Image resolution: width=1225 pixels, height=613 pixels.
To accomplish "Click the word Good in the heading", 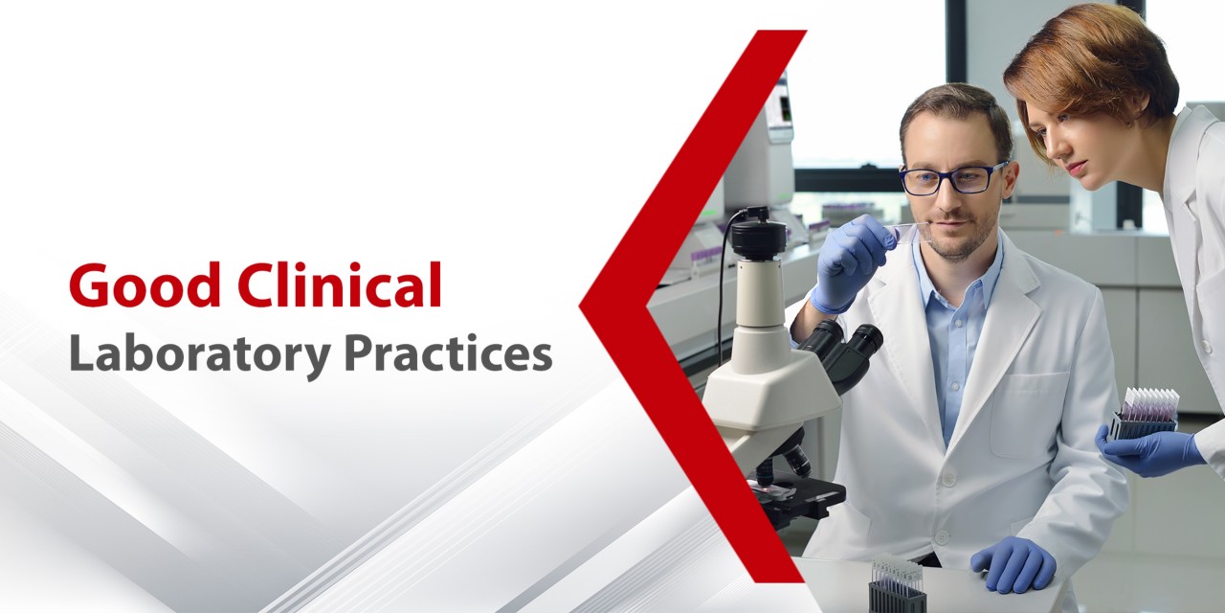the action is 145,286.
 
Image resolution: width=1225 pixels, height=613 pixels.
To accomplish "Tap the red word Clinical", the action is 340,284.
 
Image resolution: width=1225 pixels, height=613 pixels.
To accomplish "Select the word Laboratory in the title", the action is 200,355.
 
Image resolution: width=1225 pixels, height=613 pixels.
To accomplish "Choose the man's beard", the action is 957,240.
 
